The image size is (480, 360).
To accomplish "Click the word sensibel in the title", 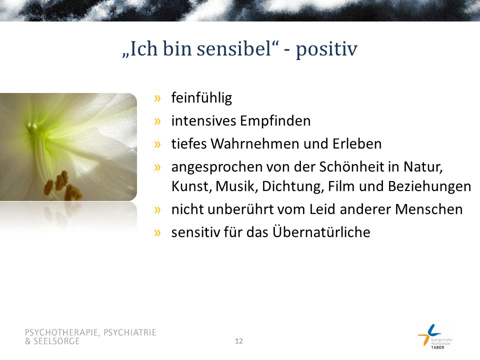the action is point(234,48).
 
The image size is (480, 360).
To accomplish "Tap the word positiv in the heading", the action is point(326,50).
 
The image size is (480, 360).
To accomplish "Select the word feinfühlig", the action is point(201,98).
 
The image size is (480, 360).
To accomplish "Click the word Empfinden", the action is point(275,121).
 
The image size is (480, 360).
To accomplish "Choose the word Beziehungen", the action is point(429,186).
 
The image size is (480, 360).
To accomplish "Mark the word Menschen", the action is point(429,209).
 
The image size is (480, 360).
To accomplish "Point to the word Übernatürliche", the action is point(321,231).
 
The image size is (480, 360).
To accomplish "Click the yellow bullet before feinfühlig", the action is point(157,98).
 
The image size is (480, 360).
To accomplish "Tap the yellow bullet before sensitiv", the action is point(157,232).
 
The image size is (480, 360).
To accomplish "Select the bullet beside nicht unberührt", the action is point(157,209).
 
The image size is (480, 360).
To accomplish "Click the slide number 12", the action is point(239,341).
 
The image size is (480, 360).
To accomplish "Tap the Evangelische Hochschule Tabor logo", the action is point(435,336).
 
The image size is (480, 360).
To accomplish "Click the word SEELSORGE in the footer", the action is point(56,341).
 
